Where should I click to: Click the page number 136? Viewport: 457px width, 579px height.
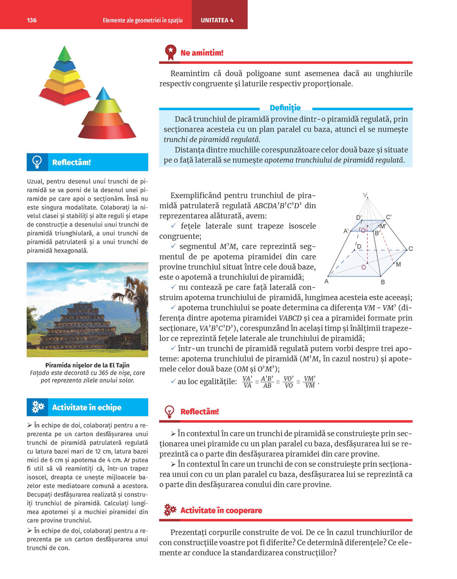pos(32,21)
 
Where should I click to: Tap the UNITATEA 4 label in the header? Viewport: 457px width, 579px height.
pos(217,21)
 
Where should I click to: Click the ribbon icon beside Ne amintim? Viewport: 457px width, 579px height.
pos(170,52)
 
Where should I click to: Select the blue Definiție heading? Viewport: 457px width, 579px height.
pos(285,108)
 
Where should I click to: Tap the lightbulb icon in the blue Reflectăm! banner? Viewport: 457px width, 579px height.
pos(37,162)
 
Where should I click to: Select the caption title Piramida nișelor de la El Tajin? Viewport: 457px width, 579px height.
pos(87,365)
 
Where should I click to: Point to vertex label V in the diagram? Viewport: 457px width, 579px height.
pos(365,195)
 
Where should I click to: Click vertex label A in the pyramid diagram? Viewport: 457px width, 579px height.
pos(327,281)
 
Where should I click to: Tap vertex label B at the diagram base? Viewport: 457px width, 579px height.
pos(382,282)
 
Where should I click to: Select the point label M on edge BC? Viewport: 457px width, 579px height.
pos(398,265)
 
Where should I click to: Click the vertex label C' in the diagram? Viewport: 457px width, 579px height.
pos(388,217)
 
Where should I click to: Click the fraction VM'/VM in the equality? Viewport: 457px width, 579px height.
pos(310,382)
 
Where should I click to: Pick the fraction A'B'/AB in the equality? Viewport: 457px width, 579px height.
pos(267,382)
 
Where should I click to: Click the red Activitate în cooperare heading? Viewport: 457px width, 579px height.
pos(221,510)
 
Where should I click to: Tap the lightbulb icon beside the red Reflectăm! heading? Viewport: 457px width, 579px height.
pos(170,411)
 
